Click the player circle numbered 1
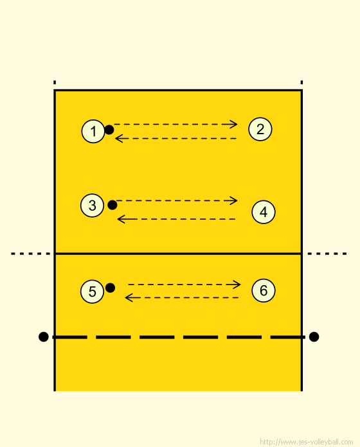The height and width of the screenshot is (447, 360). point(93,131)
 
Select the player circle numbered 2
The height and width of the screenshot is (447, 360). point(260,129)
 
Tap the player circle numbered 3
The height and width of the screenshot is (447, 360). point(92,206)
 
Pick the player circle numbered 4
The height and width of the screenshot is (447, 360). point(264,212)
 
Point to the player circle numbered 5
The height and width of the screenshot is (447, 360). point(92,292)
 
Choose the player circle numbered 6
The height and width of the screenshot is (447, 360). point(264,290)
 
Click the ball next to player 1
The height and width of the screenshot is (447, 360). point(109,130)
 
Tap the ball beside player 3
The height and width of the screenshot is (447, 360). point(113,205)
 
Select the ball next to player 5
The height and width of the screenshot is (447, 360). point(110,288)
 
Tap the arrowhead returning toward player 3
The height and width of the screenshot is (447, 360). point(121,219)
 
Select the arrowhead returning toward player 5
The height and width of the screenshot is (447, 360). point(129,298)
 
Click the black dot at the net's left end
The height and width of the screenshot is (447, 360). point(43,337)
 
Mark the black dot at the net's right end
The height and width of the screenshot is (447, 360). point(314,337)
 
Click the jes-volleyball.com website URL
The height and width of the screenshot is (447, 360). point(307,442)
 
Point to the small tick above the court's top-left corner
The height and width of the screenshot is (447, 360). point(55,82)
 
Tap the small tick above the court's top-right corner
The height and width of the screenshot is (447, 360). point(301,82)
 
